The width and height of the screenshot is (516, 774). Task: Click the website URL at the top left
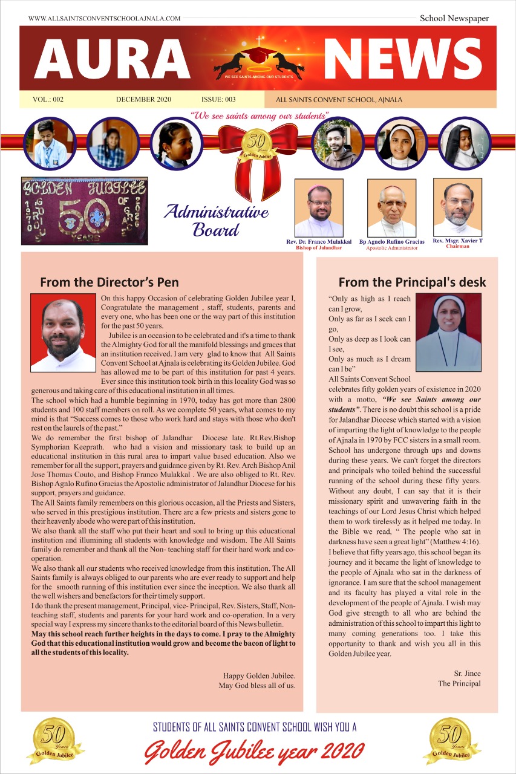coord(104,19)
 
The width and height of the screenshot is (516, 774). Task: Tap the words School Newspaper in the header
coord(454,18)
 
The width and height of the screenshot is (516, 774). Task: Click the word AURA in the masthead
coord(113,60)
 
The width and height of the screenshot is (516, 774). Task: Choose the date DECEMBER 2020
coord(143,100)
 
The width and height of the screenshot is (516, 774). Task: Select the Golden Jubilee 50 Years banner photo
coord(76,210)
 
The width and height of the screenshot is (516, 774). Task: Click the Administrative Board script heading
coord(216,220)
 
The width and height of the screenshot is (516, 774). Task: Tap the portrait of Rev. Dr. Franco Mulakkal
coord(319,207)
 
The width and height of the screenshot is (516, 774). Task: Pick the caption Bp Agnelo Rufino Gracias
coord(392,242)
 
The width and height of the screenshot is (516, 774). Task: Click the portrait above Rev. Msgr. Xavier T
coord(458,206)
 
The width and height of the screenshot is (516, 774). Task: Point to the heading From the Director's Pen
coord(109,282)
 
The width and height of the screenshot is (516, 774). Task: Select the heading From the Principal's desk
coord(412,282)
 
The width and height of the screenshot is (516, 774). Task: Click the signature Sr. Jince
coord(467,673)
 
